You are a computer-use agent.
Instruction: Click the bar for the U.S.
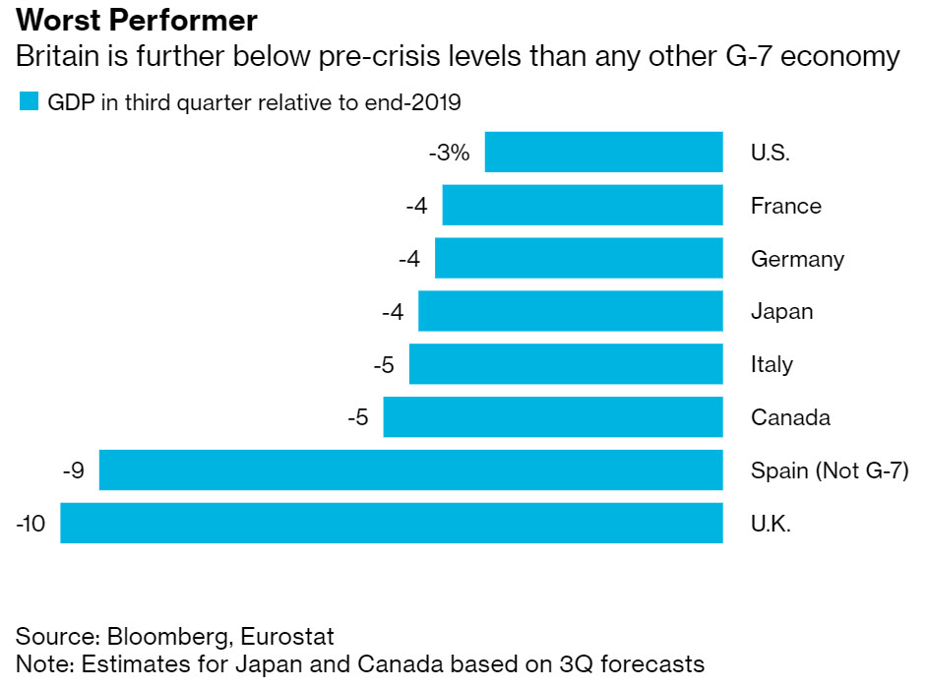[604, 153]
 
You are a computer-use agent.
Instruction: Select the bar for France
[583, 206]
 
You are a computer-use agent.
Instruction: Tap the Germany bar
[579, 259]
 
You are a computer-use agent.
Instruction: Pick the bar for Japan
[571, 311]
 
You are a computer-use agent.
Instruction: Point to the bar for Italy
[566, 364]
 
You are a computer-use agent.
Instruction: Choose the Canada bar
[553, 417]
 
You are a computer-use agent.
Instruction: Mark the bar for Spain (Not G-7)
[411, 470]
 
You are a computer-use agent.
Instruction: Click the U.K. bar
[392, 523]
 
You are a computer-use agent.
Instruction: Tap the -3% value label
[449, 154]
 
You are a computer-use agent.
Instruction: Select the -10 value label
[31, 524]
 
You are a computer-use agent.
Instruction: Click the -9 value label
[73, 470]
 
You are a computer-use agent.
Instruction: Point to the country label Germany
[797, 260]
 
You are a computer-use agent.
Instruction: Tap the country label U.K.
[771, 524]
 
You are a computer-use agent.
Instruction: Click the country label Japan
[781, 312]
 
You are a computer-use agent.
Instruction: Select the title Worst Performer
[137, 21]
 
